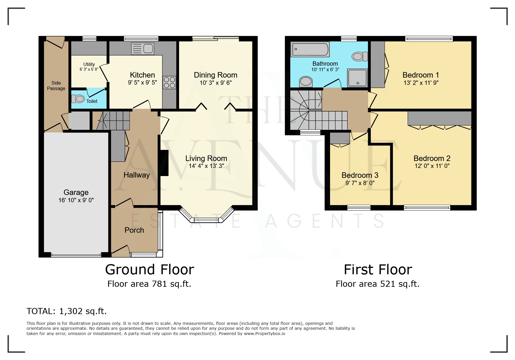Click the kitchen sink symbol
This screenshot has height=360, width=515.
pos(142,49)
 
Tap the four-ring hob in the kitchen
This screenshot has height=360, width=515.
pos(169,83)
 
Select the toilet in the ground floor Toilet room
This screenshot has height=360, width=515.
pos(78,99)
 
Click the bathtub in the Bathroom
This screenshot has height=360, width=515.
pos(310,49)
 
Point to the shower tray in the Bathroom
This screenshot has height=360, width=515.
pos(357,78)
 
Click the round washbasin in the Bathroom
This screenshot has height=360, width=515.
pos(306,81)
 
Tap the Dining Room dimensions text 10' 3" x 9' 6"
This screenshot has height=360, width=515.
pos(215,83)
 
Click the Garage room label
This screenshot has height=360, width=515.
pos(76,192)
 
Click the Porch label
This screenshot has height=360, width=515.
pos(134,230)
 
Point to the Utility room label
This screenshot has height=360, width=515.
pos(89,64)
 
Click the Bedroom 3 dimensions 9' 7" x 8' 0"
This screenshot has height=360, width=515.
pos(360,183)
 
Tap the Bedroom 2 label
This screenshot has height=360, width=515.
pos(432,158)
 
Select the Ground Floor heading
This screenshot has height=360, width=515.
pos(149,270)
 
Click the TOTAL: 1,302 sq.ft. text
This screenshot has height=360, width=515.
pos(67,311)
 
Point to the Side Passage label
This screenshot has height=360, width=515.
pos(56,86)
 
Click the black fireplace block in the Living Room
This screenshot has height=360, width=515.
pos(164,163)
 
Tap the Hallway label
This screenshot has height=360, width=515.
pos(136,175)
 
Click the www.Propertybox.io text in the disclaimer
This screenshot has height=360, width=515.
pos(264,334)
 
